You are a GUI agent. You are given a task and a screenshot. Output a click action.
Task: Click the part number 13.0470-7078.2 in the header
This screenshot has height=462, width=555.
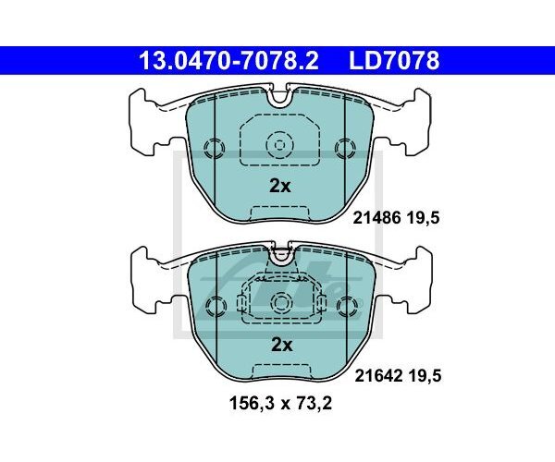click(229, 60)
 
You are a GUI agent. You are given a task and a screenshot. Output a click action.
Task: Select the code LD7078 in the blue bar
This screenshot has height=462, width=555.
click(394, 60)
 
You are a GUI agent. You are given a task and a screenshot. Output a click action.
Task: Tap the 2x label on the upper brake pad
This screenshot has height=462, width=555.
click(280, 186)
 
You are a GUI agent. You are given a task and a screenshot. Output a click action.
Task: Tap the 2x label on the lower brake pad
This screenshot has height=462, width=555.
click(282, 345)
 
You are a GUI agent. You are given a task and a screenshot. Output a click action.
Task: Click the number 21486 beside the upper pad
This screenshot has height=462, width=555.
click(377, 218)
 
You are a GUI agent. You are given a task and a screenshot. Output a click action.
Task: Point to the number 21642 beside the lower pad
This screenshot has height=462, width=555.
click(378, 376)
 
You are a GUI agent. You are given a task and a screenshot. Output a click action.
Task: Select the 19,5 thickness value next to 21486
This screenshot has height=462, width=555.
click(423, 218)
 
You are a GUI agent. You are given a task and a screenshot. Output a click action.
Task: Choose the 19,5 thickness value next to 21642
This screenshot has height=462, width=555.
click(425, 376)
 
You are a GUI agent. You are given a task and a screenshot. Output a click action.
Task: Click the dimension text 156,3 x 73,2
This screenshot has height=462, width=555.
click(280, 403)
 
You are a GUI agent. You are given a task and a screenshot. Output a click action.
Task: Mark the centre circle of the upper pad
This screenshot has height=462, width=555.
click(280, 145)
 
